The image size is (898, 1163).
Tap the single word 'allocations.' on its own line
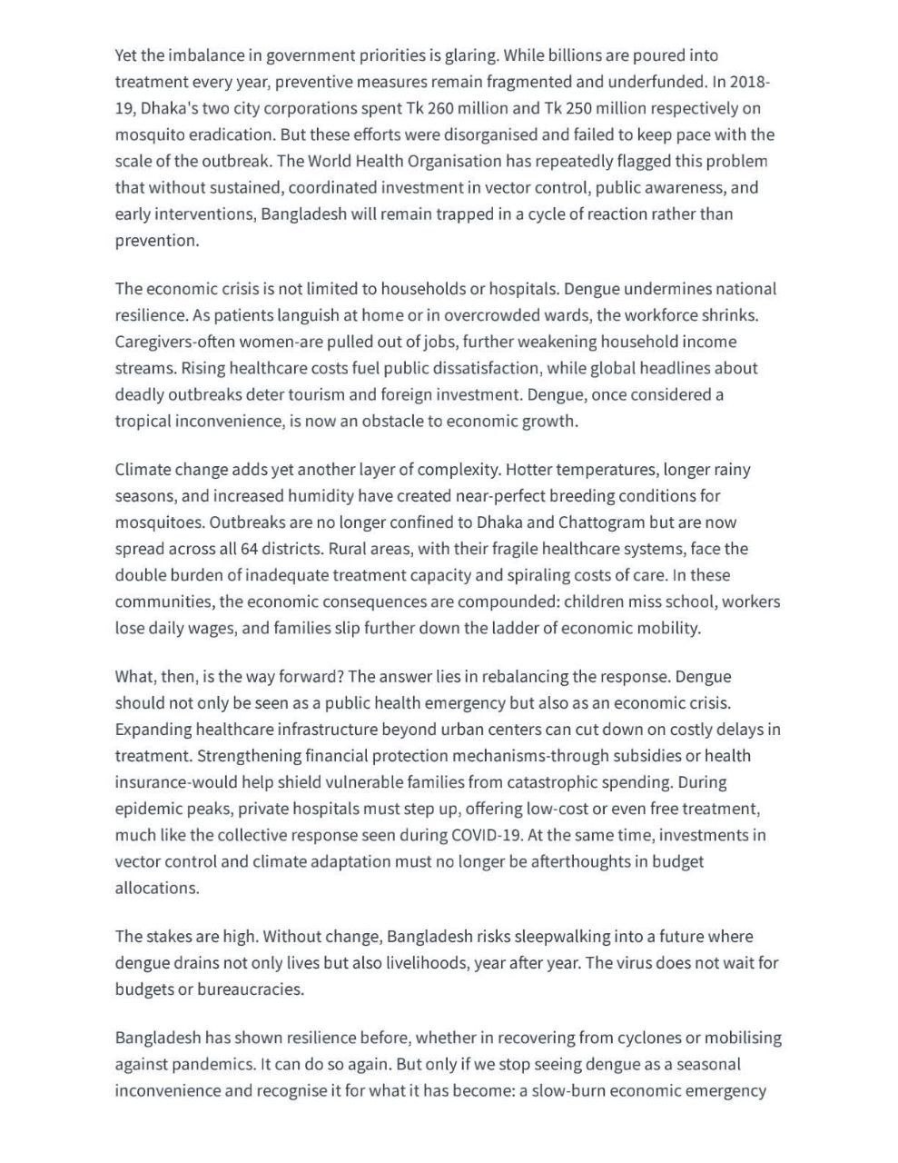click(x=157, y=888)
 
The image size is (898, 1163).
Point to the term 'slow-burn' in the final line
click(x=567, y=1090)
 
